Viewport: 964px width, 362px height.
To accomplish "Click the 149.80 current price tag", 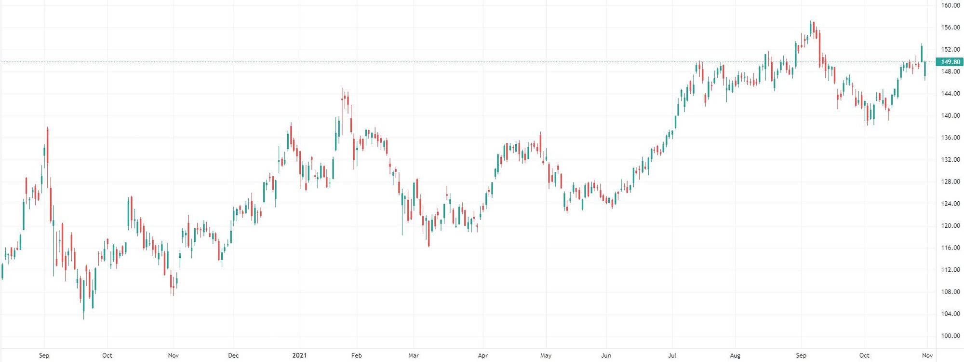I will click(x=950, y=62).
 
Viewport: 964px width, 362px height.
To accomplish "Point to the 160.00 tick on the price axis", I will click(x=950, y=5).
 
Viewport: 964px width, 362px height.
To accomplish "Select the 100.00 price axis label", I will click(x=950, y=335).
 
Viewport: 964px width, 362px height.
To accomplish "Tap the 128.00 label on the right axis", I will click(x=950, y=181).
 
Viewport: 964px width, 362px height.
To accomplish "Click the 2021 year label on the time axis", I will click(x=299, y=355).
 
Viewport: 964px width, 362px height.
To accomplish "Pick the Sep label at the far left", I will click(x=44, y=355).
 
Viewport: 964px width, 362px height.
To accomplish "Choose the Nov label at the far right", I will click(x=927, y=355).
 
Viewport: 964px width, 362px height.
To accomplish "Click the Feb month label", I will click(x=356, y=355).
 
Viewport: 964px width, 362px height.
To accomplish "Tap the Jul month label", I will click(x=672, y=355).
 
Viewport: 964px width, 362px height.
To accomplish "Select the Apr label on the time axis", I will click(x=482, y=355).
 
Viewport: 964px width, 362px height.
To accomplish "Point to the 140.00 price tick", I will click(x=950, y=115).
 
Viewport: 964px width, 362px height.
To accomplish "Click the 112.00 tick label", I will click(x=950, y=269).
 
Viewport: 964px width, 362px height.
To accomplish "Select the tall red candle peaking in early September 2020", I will click(x=47, y=145).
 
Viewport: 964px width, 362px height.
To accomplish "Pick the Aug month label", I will click(x=735, y=355).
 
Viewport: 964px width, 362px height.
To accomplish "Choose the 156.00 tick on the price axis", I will click(x=950, y=28).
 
